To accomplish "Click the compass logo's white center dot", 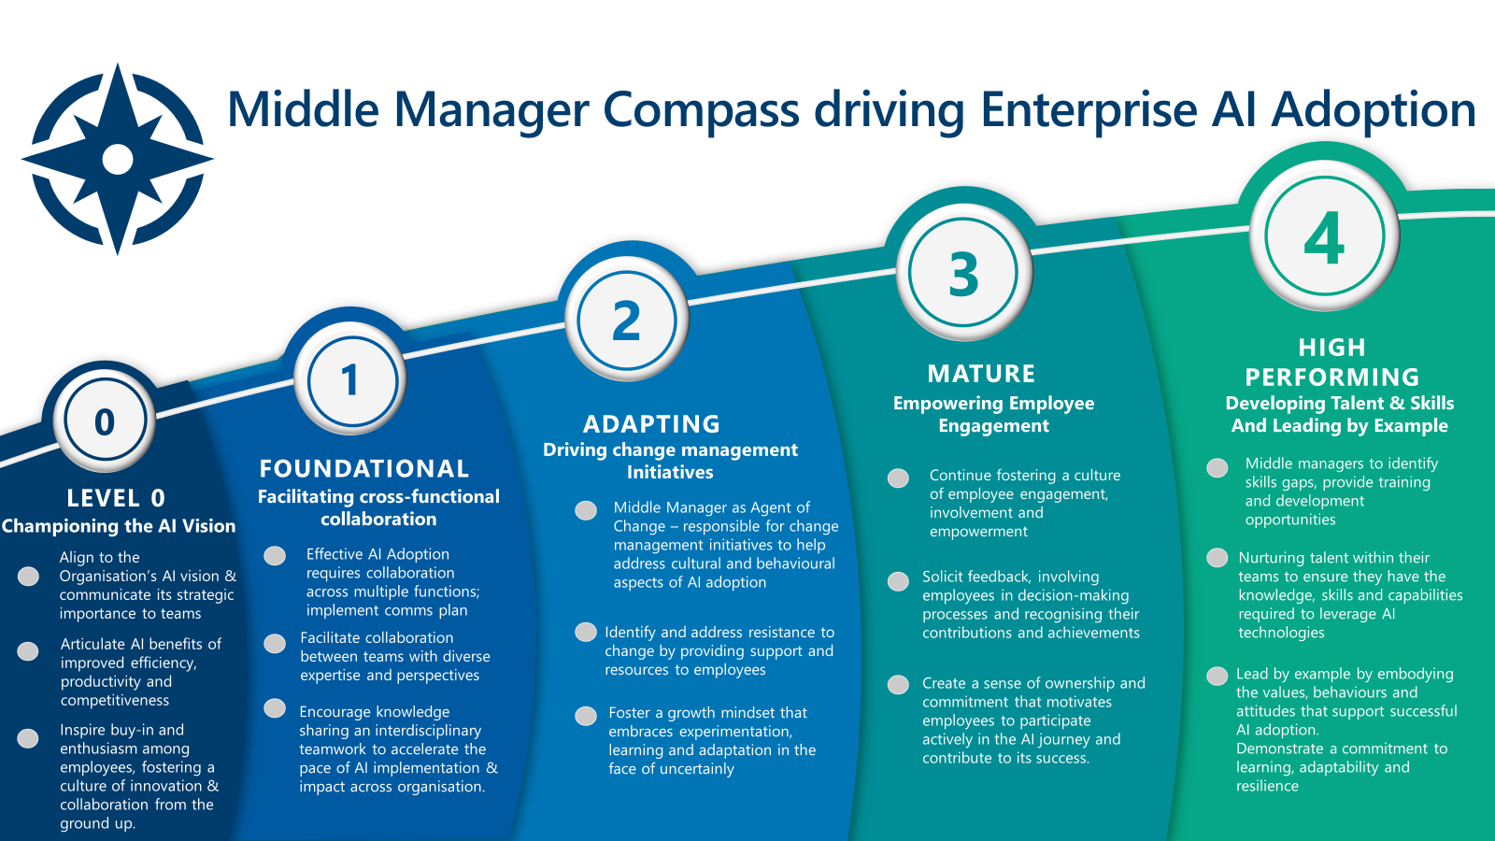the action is point(118,159).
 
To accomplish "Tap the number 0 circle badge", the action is point(105,421).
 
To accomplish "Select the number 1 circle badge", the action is point(350,380).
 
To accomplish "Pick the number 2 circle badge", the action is point(626,321).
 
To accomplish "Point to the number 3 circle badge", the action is point(963,274).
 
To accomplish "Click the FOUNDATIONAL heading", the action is point(364,468).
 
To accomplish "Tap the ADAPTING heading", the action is point(651,424).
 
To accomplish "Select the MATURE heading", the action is point(981,374).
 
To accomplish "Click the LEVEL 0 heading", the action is point(116,498).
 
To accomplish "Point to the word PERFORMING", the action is point(1332,378).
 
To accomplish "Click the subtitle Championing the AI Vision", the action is point(119,526).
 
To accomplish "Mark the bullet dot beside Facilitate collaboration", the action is point(275,643).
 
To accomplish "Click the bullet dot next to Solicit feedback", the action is point(898,581).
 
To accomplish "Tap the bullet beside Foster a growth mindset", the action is point(586,716).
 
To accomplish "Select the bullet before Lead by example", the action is point(1217,676).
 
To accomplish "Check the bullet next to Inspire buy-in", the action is point(29,738).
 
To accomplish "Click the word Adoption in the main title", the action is point(1374,110).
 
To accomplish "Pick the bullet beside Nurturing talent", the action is point(1217,558).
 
